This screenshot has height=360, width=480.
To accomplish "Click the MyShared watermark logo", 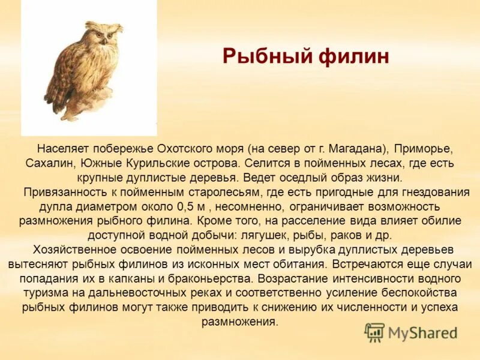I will pos(411,332).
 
